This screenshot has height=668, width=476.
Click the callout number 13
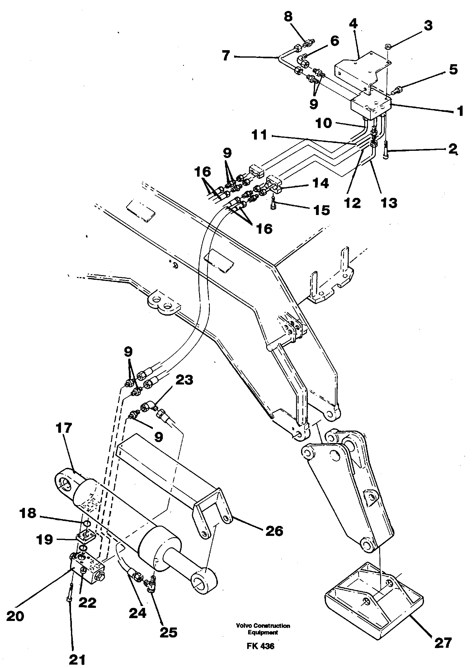(389, 203)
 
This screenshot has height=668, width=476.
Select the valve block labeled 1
(370, 107)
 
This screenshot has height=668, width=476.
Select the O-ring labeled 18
(87, 523)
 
